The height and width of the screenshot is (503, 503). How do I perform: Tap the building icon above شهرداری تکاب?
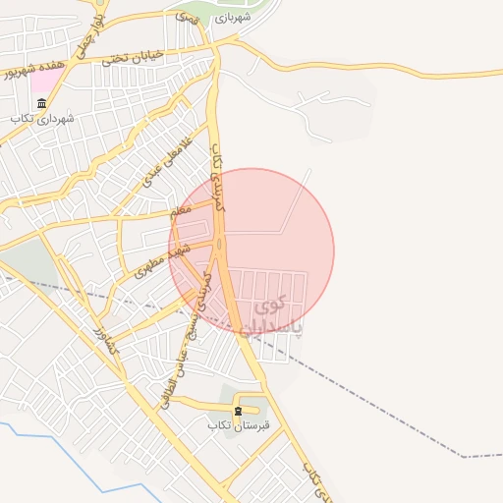coord(41,102)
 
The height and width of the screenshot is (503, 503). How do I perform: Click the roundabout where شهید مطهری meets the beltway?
coord(218,242)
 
